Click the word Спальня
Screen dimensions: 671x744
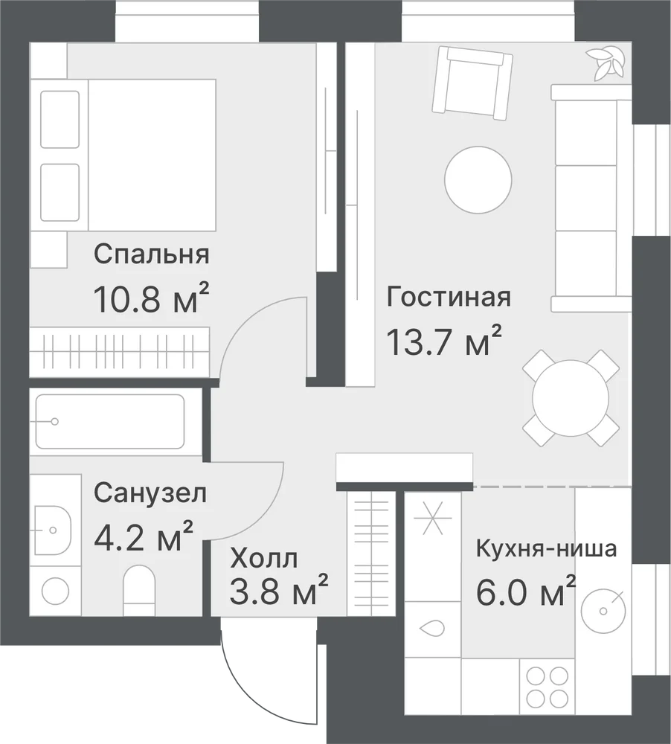tap(151, 254)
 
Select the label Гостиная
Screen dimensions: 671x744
tap(449, 298)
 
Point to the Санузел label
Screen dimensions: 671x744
tap(150, 494)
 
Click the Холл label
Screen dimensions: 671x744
tap(264, 559)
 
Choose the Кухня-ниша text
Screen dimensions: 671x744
tap(546, 549)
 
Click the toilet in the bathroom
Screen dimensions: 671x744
tap(140, 590)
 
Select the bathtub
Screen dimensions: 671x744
tap(110, 421)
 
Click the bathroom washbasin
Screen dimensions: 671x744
tap(53, 530)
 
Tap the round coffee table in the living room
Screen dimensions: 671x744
tap(478, 179)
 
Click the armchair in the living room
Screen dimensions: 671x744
tap(472, 83)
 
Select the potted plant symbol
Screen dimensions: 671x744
tap(604, 62)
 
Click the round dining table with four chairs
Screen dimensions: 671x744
tap(571, 398)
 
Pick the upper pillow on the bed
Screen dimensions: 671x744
tap(60, 120)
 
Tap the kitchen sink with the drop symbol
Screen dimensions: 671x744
tap(432, 629)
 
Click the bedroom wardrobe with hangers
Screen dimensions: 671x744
tap(120, 352)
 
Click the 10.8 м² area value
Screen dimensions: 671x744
tap(151, 298)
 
